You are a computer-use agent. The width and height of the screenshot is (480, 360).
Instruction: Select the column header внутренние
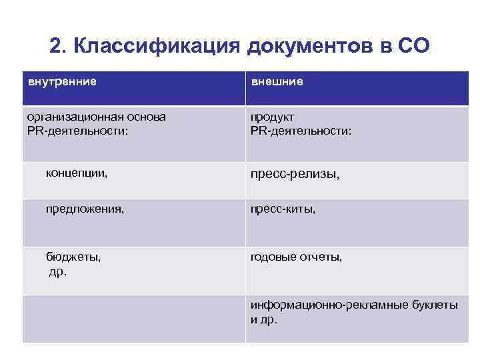[61, 82]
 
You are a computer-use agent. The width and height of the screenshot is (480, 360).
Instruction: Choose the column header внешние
[277, 82]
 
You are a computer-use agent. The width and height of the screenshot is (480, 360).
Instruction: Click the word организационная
[73, 117]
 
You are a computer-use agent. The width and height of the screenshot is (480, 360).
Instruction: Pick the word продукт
[272, 117]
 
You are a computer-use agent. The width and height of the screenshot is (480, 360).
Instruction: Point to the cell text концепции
[77, 173]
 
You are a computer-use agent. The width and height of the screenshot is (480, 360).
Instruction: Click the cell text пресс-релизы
[295, 175]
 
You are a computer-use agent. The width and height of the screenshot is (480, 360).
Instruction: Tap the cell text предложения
[85, 209]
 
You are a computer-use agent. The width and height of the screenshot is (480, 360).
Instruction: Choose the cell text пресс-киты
[283, 209]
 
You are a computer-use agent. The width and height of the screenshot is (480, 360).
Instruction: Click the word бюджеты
[73, 256]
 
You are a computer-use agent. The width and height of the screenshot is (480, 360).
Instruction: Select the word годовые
[273, 256]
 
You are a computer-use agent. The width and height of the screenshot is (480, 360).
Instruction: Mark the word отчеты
[321, 256]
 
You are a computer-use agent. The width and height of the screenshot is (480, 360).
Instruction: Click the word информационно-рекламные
[319, 305]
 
